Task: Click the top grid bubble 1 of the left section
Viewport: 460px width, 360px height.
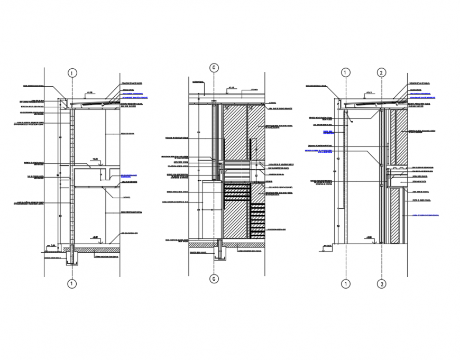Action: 72,73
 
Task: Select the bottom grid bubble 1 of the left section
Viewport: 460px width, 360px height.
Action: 72,284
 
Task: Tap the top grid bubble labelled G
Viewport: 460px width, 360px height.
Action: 214,68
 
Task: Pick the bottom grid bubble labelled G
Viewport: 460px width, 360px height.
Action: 214,279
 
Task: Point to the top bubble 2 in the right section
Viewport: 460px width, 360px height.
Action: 381,73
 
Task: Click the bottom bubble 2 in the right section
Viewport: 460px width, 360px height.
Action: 381,284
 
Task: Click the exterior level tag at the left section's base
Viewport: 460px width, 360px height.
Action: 51,245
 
